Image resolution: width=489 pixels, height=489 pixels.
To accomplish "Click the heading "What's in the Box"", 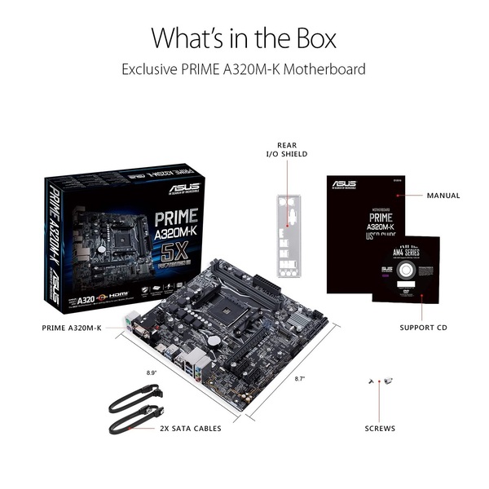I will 244,37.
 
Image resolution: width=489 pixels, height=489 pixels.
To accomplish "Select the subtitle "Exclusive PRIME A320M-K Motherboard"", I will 244,69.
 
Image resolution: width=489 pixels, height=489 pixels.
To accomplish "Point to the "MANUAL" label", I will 443,196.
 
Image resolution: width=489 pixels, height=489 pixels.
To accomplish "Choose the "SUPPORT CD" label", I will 423,328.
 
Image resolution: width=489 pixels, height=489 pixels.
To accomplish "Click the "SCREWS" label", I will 380,428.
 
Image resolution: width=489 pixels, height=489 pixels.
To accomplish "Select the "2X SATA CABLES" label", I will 190,428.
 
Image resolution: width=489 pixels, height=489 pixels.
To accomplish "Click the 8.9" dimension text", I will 151,372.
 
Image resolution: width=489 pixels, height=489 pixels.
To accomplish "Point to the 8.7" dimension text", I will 301,379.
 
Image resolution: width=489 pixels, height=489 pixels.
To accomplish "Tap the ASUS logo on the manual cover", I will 345,184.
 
